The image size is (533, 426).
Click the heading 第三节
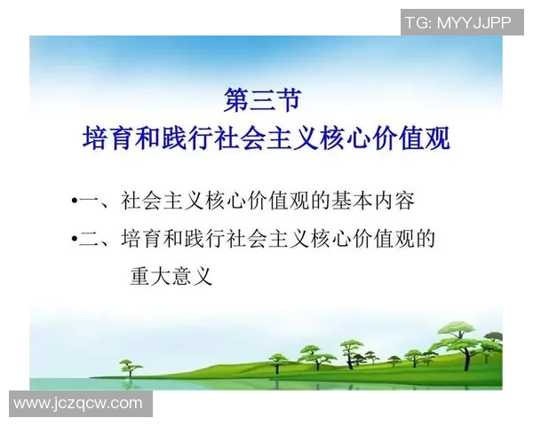click(x=266, y=99)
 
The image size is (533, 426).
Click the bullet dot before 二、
click(x=74, y=240)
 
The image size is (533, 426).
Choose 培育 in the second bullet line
click(x=141, y=239)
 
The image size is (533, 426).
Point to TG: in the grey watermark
click(x=418, y=23)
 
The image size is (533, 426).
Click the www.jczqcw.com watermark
click(x=78, y=403)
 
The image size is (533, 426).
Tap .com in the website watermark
click(x=126, y=403)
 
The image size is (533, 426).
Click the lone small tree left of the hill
click(x=131, y=366)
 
